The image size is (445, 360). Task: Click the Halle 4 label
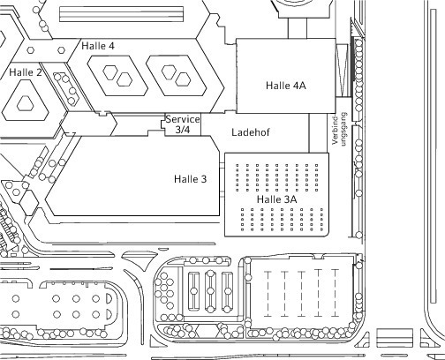[x=98, y=46]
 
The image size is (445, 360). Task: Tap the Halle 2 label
[x=26, y=72]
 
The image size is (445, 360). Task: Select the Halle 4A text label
[x=286, y=86]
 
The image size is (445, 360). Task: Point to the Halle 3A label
[x=277, y=199]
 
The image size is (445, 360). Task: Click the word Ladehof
[x=251, y=132]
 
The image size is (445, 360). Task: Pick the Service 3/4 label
[x=183, y=124]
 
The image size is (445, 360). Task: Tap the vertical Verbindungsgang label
[x=339, y=129]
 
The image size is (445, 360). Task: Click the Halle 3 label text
[x=191, y=179]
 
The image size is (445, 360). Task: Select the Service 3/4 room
[x=183, y=124]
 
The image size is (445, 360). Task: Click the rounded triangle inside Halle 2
[x=25, y=103]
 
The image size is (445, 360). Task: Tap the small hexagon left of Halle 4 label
[x=61, y=50]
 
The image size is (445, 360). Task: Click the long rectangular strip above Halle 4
[x=121, y=14]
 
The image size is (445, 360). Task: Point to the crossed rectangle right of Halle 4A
[x=342, y=71]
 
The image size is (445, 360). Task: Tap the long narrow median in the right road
[x=434, y=156]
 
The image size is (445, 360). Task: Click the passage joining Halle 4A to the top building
[x=298, y=28]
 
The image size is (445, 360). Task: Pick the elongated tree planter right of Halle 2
[x=66, y=89]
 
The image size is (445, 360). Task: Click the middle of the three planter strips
[x=210, y=291]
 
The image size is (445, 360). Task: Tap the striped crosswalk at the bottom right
[x=395, y=338]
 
